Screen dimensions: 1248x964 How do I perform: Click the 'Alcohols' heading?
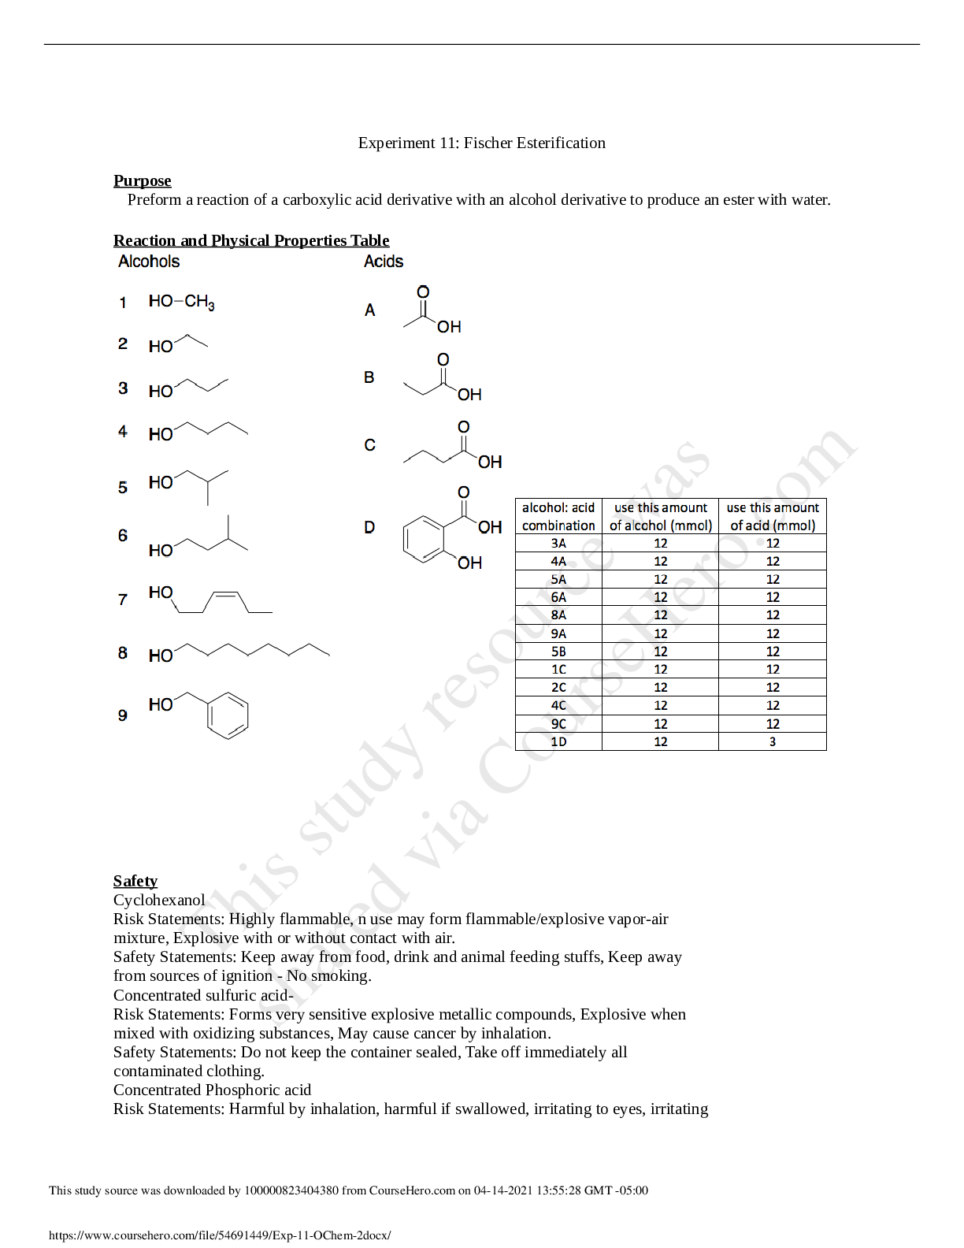[149, 262]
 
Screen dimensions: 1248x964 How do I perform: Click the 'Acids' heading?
[384, 262]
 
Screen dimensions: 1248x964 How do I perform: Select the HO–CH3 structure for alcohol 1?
[181, 302]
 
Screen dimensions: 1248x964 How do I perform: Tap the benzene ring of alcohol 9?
[228, 715]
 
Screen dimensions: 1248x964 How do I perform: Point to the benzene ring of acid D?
[424, 540]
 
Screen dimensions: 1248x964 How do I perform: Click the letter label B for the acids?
[369, 377]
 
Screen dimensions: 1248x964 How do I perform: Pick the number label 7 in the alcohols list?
[123, 600]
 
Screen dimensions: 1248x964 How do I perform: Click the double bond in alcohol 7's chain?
[225, 592]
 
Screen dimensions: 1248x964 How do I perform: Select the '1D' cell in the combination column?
[558, 741]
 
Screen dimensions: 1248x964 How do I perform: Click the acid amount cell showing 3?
[773, 741]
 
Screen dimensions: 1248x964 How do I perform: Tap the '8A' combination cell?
[558, 615]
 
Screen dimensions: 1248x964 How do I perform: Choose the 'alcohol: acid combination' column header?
[558, 516]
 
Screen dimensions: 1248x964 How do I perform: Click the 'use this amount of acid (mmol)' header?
[773, 516]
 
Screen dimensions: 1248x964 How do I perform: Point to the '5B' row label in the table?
[558, 652]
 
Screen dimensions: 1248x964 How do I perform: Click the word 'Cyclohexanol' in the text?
[159, 900]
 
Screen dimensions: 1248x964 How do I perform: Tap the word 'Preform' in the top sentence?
[154, 199]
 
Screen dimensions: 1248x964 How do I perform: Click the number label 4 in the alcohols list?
[123, 432]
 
